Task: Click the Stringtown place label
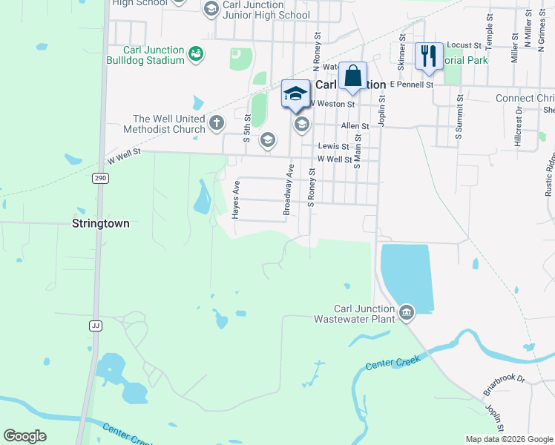point(100,222)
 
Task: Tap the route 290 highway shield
point(100,178)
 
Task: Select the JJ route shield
point(95,326)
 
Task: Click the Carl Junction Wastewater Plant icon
point(406,311)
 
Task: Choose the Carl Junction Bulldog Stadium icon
point(196,53)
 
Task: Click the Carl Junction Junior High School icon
point(211,8)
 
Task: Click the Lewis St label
point(333,147)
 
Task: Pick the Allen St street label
point(355,127)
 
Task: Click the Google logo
point(24,436)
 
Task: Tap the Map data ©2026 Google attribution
point(508,439)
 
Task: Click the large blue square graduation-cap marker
point(295,93)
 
